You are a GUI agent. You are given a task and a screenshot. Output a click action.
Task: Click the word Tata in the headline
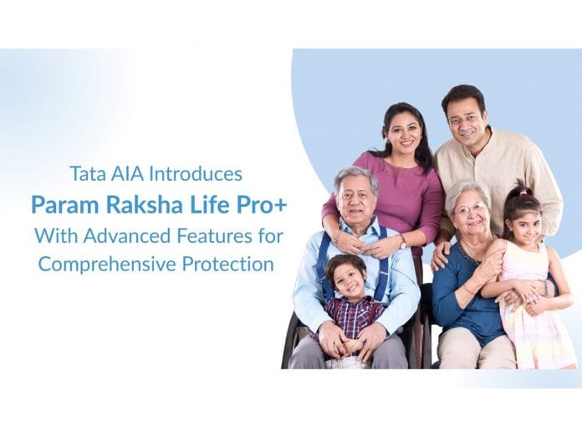[86, 174]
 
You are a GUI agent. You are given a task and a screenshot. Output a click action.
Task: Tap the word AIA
[125, 174]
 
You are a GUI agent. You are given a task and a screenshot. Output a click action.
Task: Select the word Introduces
[195, 174]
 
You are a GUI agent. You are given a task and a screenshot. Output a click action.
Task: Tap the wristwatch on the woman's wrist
[402, 241]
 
